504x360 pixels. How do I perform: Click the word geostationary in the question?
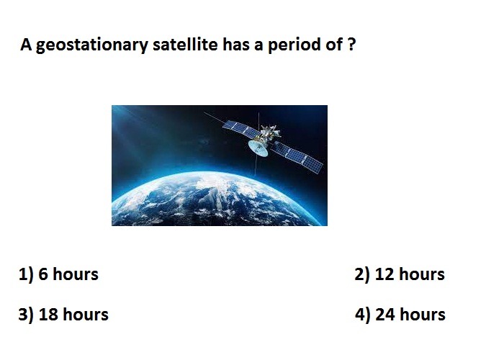click(92, 45)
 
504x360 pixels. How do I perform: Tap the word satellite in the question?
click(185, 44)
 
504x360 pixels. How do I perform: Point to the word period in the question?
click(294, 45)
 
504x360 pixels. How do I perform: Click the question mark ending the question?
click(351, 45)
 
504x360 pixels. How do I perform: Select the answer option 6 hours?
click(68, 274)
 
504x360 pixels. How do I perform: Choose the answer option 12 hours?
click(410, 274)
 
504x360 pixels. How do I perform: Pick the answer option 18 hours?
click(73, 314)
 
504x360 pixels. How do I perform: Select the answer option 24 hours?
click(410, 314)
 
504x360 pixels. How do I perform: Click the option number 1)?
click(26, 275)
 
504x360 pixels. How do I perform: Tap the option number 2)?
click(362, 275)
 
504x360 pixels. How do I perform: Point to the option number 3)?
click(26, 315)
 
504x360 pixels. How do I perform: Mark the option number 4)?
click(363, 315)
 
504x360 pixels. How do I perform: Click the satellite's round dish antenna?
click(258, 148)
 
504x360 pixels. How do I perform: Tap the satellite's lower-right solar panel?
click(297, 156)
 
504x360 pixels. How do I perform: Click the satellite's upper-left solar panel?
click(240, 129)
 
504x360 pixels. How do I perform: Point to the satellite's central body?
click(269, 135)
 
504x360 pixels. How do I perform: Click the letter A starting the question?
click(26, 45)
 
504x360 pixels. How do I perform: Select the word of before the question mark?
click(334, 44)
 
